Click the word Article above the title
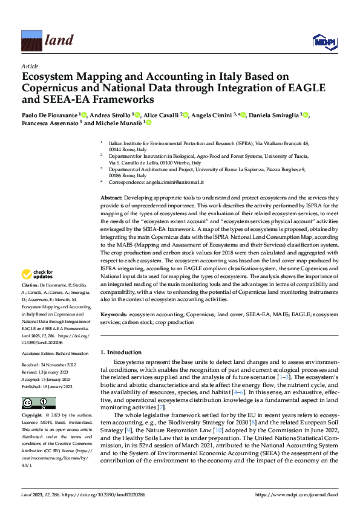(29, 65)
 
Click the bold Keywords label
(113, 315)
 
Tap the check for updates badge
(38, 274)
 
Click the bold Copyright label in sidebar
(32, 416)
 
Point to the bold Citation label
(30, 284)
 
